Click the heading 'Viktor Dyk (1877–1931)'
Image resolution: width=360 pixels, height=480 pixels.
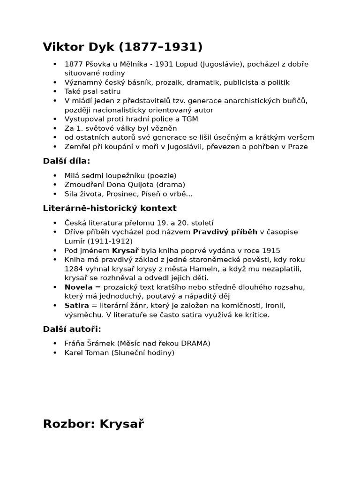pyautogui.click(x=122, y=47)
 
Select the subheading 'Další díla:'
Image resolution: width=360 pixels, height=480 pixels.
pyautogui.click(x=66, y=161)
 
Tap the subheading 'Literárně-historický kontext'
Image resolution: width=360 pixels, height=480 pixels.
pyautogui.click(x=110, y=208)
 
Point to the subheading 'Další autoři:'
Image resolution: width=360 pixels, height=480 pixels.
pyautogui.click(x=72, y=329)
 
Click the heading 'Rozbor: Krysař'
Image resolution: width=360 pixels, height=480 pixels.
pyautogui.click(x=93, y=424)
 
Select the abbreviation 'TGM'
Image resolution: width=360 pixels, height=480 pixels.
pyautogui.click(x=189, y=119)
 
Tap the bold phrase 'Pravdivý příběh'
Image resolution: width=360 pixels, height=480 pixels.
pyautogui.click(x=225, y=232)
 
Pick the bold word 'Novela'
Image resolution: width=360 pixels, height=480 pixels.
pyautogui.click(x=78, y=287)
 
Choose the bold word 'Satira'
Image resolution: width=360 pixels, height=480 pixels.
pyautogui.click(x=76, y=306)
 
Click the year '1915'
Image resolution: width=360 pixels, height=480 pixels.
pyautogui.click(x=271, y=250)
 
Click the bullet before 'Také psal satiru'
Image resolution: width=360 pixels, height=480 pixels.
pyautogui.click(x=55, y=91)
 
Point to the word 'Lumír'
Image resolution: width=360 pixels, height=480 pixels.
pyautogui.click(x=75, y=241)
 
